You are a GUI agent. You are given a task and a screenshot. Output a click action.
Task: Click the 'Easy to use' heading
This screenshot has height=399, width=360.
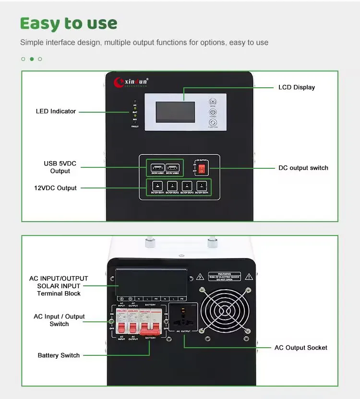[x=69, y=23]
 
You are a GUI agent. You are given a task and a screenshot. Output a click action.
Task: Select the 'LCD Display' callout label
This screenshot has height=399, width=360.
[x=297, y=87]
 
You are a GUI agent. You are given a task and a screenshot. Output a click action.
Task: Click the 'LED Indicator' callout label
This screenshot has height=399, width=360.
[x=56, y=111]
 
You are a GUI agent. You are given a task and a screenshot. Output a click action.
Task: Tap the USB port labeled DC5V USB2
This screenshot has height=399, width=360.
[x=173, y=168]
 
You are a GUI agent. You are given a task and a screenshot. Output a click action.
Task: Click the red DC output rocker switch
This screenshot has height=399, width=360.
[x=202, y=169]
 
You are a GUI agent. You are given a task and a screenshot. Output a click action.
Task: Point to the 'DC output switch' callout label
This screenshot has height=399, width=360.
[x=303, y=168]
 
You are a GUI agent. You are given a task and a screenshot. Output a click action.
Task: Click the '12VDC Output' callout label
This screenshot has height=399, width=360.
[x=57, y=188]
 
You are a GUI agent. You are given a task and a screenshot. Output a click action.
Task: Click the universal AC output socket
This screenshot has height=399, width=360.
[x=182, y=317]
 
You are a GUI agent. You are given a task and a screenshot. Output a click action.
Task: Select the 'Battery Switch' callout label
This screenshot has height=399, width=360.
[x=59, y=355]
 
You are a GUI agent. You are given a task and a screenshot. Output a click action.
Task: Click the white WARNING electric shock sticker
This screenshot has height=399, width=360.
[x=224, y=277]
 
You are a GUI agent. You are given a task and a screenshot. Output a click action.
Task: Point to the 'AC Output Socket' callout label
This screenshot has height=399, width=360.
[x=300, y=348]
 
